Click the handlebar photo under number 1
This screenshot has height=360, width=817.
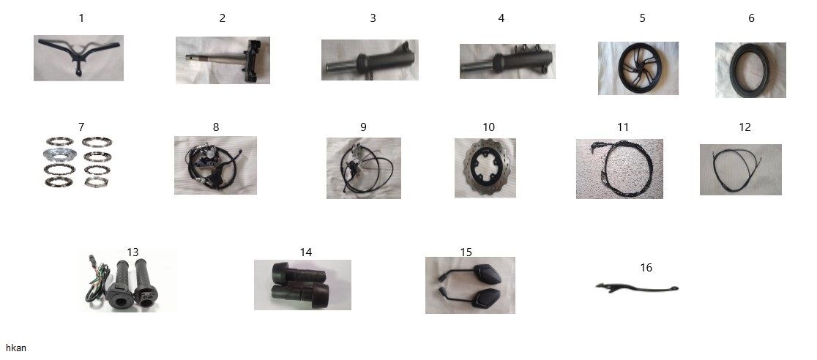78,58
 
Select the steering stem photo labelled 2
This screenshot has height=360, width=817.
223,60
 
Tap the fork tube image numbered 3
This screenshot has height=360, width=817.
370,60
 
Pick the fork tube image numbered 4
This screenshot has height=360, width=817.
507,61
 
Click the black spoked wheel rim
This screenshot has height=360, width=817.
638,68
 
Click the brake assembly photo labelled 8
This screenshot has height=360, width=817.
215,165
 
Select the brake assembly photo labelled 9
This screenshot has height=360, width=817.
364,168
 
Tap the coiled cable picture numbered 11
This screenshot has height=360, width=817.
619,169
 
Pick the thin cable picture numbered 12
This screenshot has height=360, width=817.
740,170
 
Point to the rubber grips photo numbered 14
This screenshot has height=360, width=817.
302,285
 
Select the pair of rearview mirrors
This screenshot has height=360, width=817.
470,285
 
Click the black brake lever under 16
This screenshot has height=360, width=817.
637,288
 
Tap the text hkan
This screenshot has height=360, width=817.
15,348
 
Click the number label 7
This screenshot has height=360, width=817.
81,127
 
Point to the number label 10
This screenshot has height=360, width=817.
488,127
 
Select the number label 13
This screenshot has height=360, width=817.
133,252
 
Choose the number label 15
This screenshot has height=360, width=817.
466,252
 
